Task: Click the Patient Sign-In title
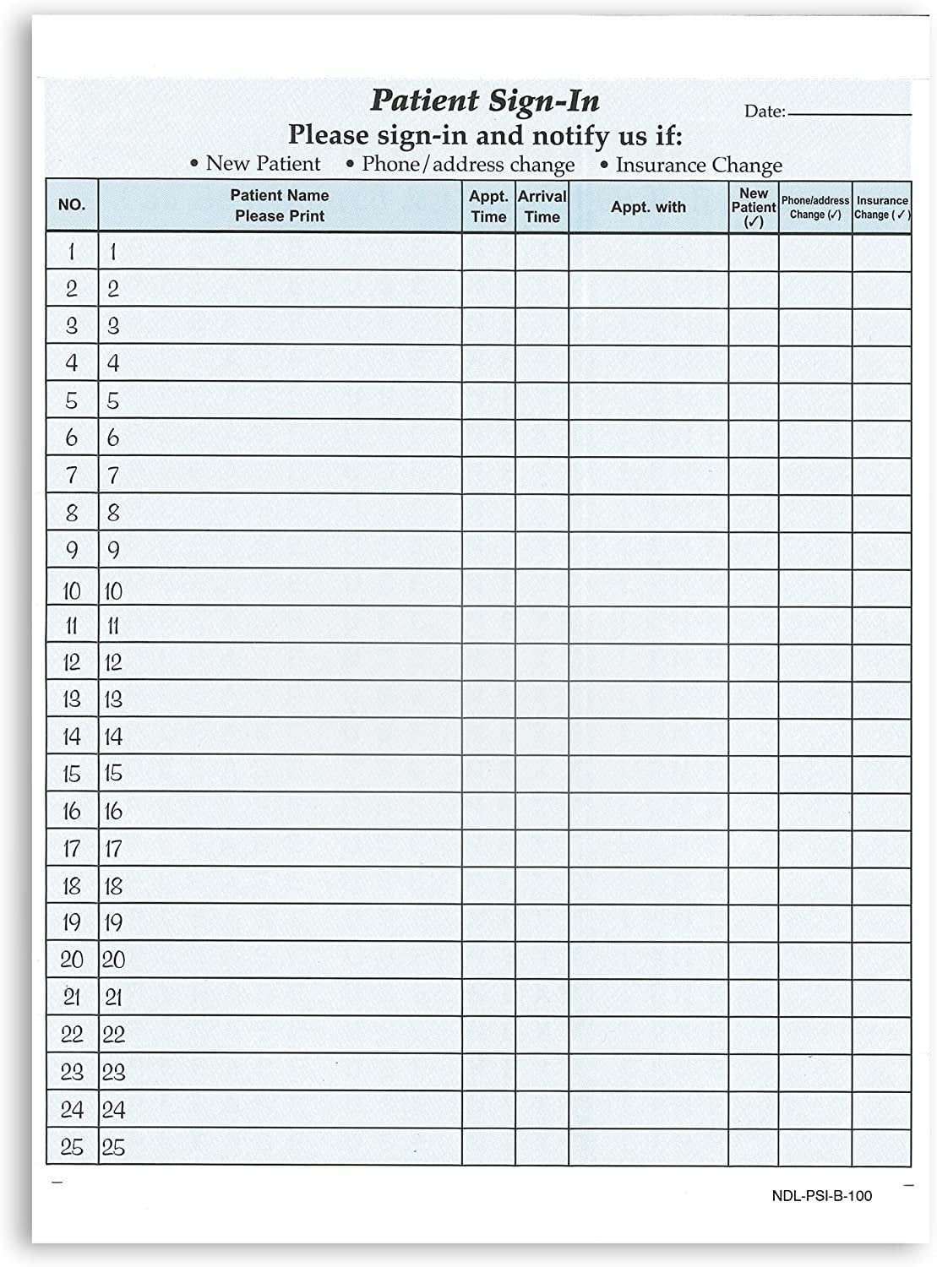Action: pyautogui.click(x=485, y=101)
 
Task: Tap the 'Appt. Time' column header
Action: pyautogui.click(x=488, y=206)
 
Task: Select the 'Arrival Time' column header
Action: pyautogui.click(x=542, y=206)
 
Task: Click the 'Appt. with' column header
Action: pyautogui.click(x=648, y=207)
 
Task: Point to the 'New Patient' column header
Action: pyautogui.click(x=753, y=207)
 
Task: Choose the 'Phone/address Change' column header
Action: pyautogui.click(x=814, y=207)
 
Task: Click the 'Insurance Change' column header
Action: pyautogui.click(x=881, y=207)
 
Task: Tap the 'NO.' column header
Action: pyautogui.click(x=72, y=205)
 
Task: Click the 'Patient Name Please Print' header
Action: pyautogui.click(x=280, y=205)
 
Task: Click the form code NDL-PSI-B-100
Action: pyautogui.click(x=821, y=1196)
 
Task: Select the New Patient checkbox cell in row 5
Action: pyautogui.click(x=753, y=400)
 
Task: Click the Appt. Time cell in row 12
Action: pyautogui.click(x=488, y=662)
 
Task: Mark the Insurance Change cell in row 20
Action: pyautogui.click(x=881, y=960)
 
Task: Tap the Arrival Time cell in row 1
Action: pyautogui.click(x=542, y=252)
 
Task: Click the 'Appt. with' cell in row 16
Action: pyautogui.click(x=648, y=811)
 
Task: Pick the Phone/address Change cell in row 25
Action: pyautogui.click(x=814, y=1146)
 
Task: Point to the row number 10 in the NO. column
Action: pyautogui.click(x=72, y=590)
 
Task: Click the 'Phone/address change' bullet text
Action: pyautogui.click(x=468, y=165)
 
